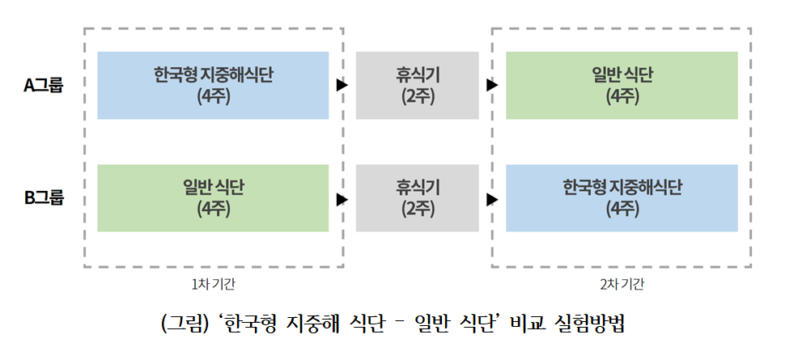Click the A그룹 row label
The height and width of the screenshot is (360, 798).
(43, 85)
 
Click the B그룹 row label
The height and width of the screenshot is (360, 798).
(43, 197)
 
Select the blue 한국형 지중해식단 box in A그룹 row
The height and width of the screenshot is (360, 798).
(213, 85)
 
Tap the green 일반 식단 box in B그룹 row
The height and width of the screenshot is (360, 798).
(213, 197)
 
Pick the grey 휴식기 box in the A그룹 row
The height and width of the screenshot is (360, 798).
(418, 85)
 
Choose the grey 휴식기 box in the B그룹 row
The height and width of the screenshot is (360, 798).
(418, 197)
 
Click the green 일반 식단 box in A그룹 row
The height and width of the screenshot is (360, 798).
(622, 85)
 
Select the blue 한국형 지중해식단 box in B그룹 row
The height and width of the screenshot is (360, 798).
(622, 197)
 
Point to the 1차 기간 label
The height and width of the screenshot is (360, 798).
(213, 284)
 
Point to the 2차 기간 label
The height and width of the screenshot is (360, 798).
(622, 284)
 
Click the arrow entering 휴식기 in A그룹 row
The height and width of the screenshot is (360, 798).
(342, 85)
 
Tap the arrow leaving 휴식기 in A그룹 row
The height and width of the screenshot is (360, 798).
(492, 85)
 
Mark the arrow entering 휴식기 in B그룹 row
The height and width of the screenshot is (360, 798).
(342, 198)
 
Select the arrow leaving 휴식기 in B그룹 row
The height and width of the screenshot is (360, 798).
(492, 198)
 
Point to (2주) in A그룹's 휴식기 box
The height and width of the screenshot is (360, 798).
(418, 96)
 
